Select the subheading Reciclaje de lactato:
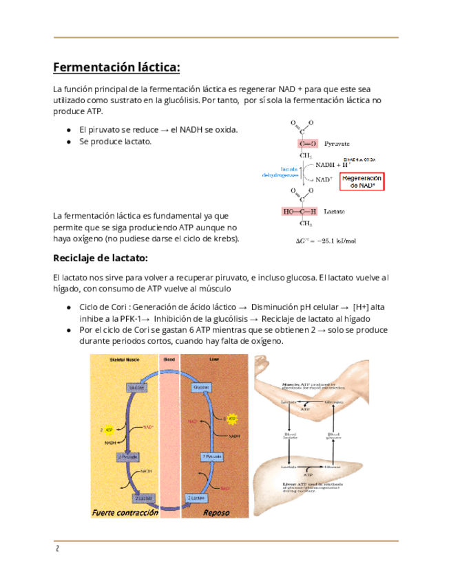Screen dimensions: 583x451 [x=101, y=258]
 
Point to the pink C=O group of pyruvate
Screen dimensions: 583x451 [x=308, y=143]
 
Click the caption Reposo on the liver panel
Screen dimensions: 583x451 [x=216, y=513]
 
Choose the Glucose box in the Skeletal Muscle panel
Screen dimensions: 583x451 [x=136, y=388]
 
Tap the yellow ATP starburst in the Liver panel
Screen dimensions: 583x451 [x=232, y=417]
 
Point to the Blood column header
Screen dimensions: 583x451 [x=169, y=360]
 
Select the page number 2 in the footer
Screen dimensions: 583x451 [x=58, y=549]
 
